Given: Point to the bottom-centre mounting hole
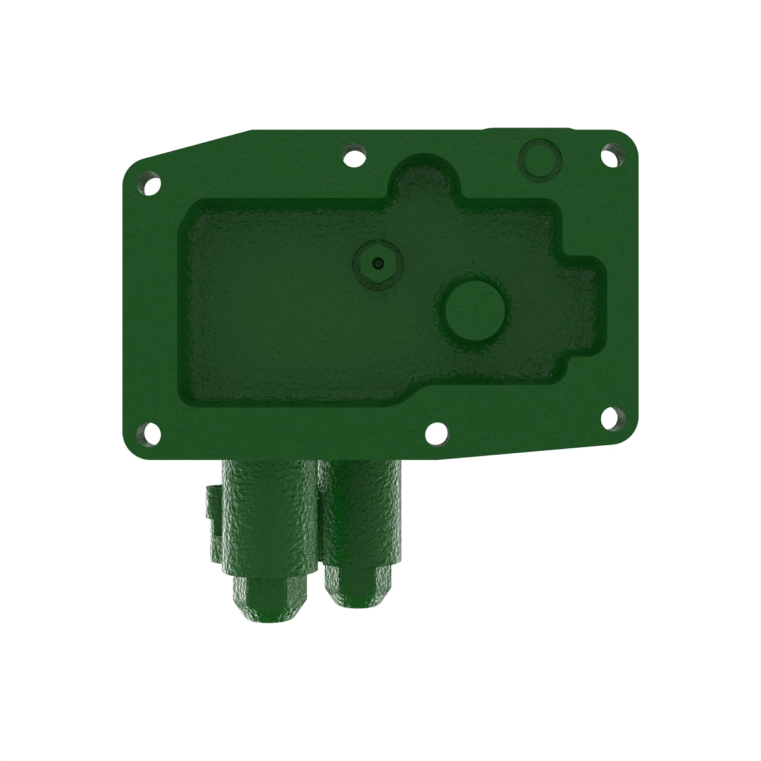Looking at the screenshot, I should pyautogui.click(x=436, y=434).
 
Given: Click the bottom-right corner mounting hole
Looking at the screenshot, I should pyautogui.click(x=611, y=419).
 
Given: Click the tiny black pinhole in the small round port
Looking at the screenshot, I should pyautogui.click(x=378, y=263).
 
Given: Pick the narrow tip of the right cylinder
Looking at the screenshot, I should pyautogui.click(x=359, y=587).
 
